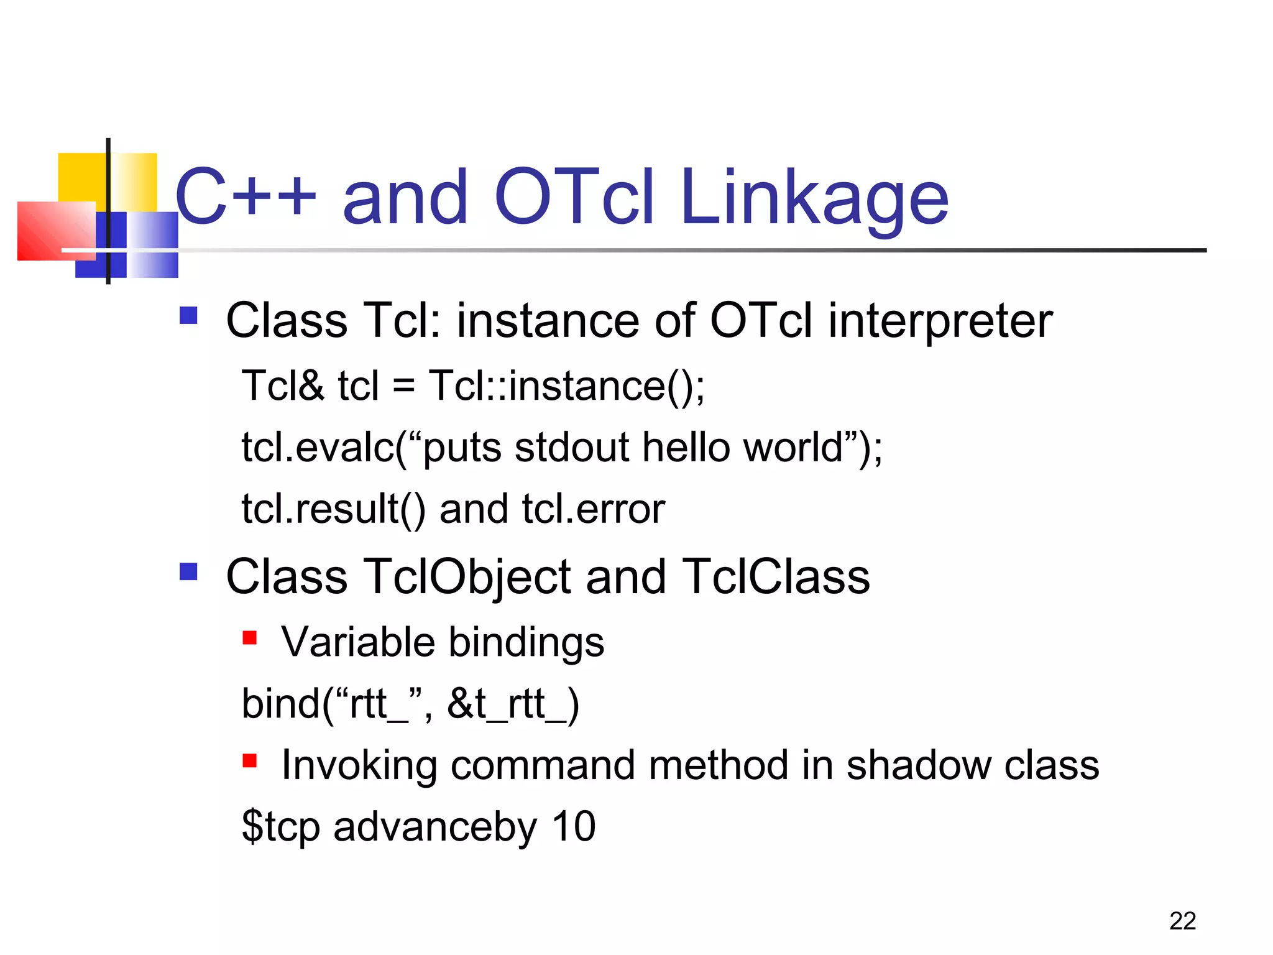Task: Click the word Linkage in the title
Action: (814, 199)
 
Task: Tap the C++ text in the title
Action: (246, 198)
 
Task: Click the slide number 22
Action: (1182, 921)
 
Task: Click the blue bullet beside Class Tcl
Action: (188, 316)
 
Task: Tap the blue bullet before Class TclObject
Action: (188, 571)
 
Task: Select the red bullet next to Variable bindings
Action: (250, 638)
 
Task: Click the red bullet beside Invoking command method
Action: (250, 760)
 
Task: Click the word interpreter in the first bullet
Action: (940, 321)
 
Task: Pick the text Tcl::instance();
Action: (566, 386)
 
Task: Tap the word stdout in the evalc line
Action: (572, 448)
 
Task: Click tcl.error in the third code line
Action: (593, 509)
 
